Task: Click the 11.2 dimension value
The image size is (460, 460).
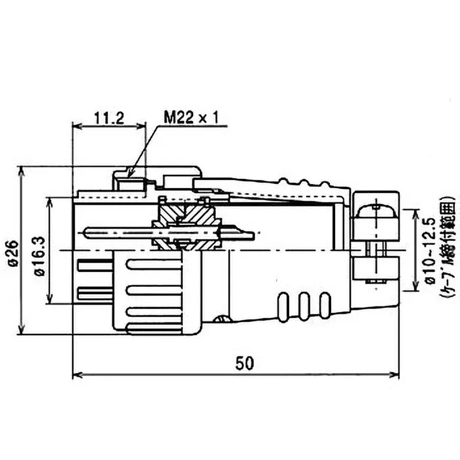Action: [x=109, y=118]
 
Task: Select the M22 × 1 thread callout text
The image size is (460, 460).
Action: [x=191, y=118]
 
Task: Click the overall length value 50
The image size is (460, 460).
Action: [x=244, y=363]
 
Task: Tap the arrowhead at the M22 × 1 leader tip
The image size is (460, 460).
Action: [x=129, y=173]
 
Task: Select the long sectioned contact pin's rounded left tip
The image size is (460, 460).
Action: [x=86, y=232]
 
